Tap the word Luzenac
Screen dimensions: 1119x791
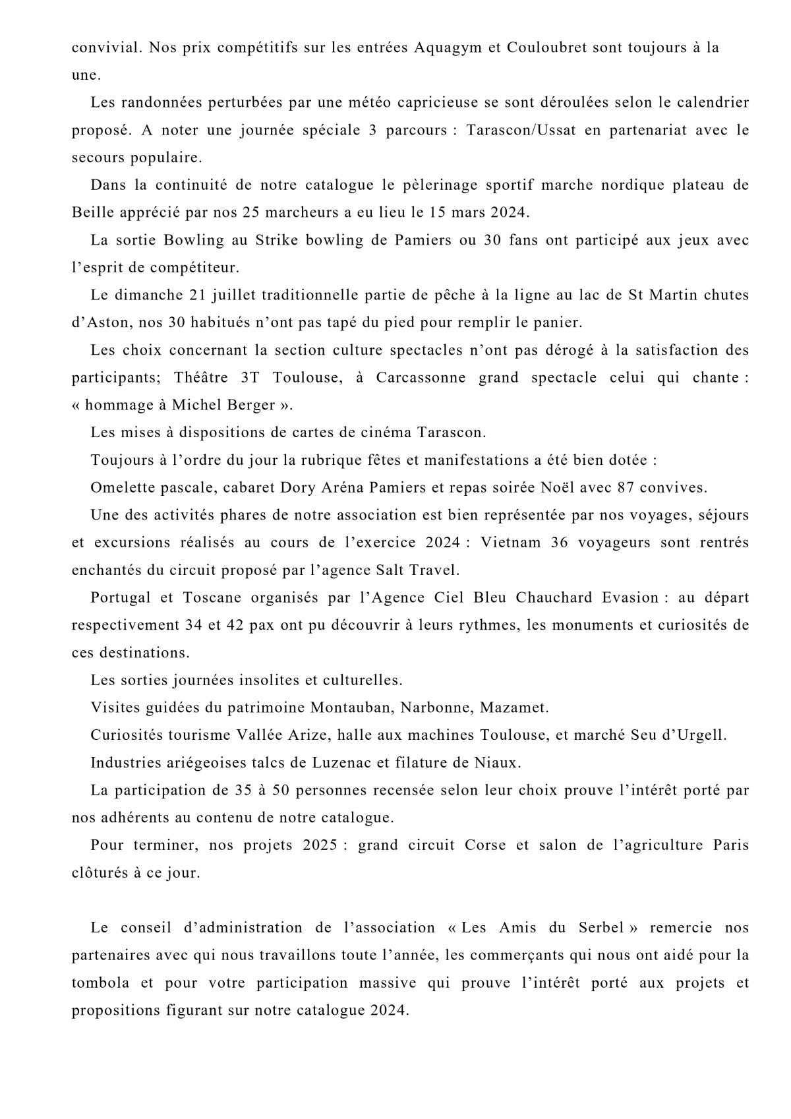tap(354, 763)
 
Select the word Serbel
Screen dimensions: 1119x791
tap(599, 928)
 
